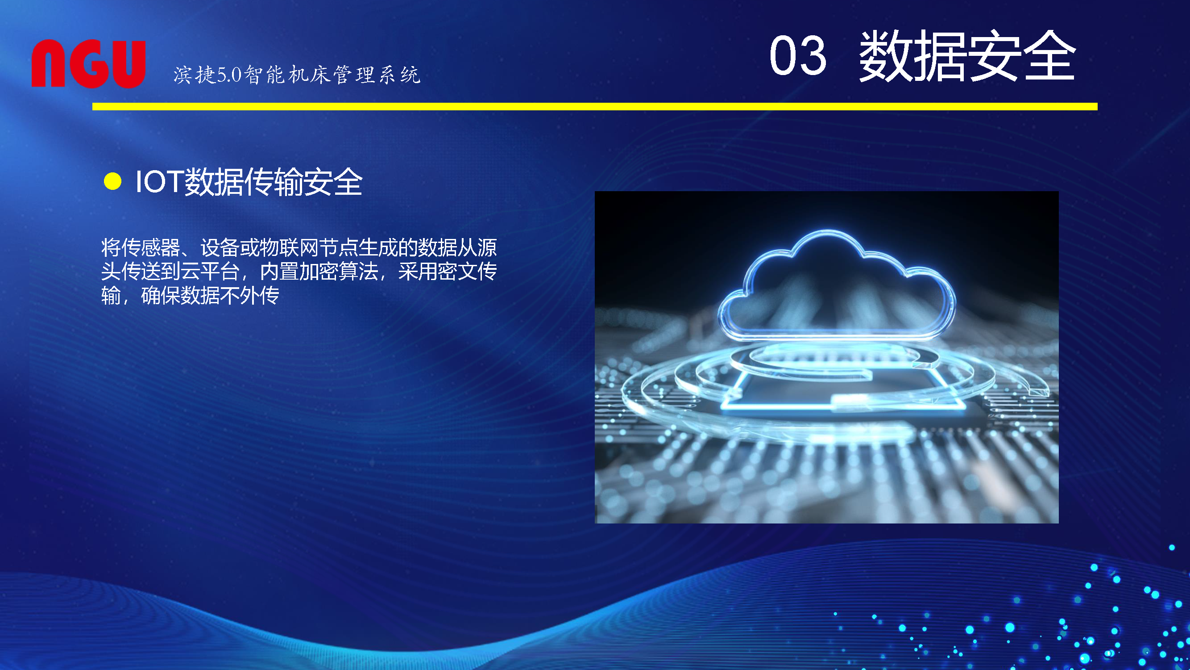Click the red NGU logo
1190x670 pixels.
(89, 63)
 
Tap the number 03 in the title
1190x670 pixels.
(798, 55)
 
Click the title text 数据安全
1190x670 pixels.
(967, 55)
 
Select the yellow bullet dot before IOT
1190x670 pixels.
(113, 181)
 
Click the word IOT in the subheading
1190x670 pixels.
(159, 181)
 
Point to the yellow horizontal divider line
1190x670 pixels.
(594, 106)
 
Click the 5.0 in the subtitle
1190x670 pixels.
(229, 75)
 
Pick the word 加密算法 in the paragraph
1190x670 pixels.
(339, 272)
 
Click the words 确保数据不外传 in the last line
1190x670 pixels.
(210, 295)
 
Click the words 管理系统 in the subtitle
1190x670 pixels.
(377, 75)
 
